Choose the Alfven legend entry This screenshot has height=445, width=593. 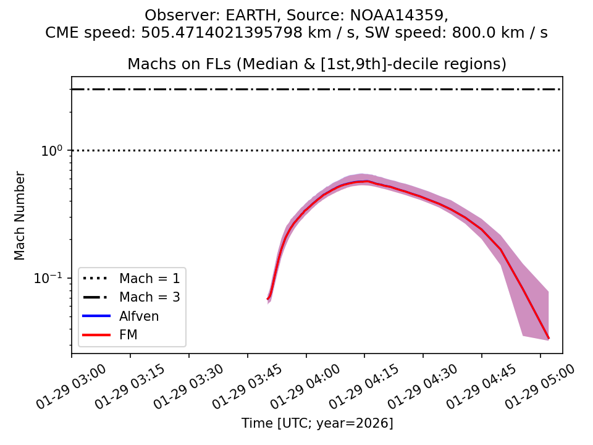click(139, 316)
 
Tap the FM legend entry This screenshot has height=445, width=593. click(128, 335)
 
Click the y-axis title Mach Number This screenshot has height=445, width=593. click(20, 216)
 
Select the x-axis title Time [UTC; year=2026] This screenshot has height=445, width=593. click(317, 423)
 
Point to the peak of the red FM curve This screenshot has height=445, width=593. click(366, 181)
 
